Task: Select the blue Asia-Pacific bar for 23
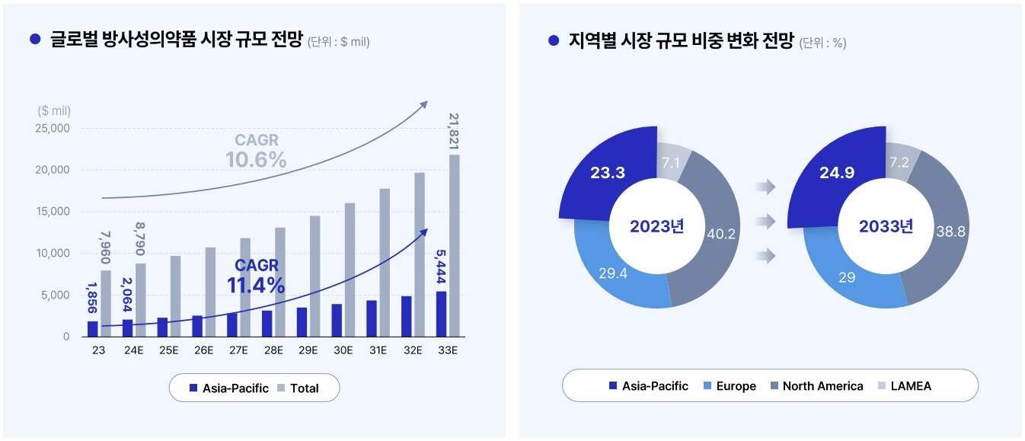(x=93, y=328)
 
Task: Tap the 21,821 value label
(x=455, y=132)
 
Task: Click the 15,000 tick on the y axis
(x=53, y=212)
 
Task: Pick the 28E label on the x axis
(x=273, y=350)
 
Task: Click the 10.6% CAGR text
(x=256, y=160)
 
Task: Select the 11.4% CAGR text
(x=256, y=286)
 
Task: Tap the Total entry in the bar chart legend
(x=296, y=388)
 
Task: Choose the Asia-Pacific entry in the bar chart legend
(x=228, y=388)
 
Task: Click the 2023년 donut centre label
(x=656, y=226)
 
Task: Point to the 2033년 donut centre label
(x=886, y=226)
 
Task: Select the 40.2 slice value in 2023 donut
(x=720, y=234)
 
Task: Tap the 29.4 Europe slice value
(x=612, y=273)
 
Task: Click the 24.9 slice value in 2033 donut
(x=837, y=173)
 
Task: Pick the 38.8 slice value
(x=950, y=232)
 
